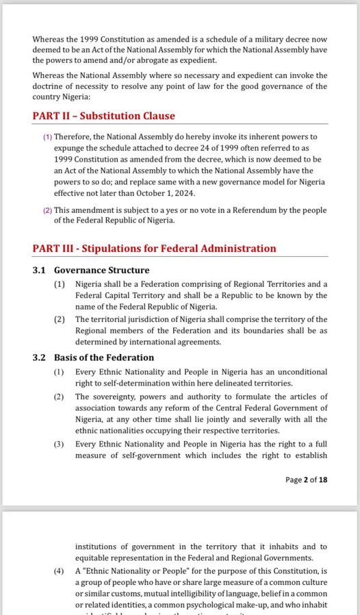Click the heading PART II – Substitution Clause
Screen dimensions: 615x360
pos(103,116)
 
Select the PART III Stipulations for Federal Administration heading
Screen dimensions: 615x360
pos(154,249)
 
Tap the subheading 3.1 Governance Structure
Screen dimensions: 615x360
pos(91,271)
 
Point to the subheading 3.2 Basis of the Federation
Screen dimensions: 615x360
pos(94,357)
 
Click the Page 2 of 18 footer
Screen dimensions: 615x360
pos(306,479)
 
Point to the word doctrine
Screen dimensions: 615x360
pos(51,86)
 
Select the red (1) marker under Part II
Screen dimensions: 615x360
pos(47,137)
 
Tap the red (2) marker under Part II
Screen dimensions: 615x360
pos(47,210)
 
